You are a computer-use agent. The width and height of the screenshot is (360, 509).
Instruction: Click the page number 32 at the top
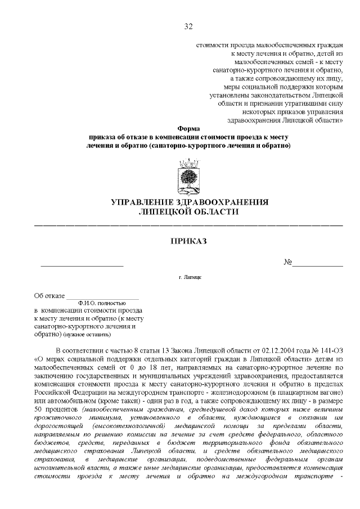[x=188, y=26]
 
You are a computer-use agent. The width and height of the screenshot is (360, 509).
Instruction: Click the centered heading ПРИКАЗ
[x=188, y=241]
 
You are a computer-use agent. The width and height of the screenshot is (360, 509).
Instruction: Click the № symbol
[x=287, y=263]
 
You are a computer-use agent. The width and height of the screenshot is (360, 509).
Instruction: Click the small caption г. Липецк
[x=190, y=278]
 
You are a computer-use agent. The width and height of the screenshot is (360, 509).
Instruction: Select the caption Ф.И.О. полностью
[x=102, y=303]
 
